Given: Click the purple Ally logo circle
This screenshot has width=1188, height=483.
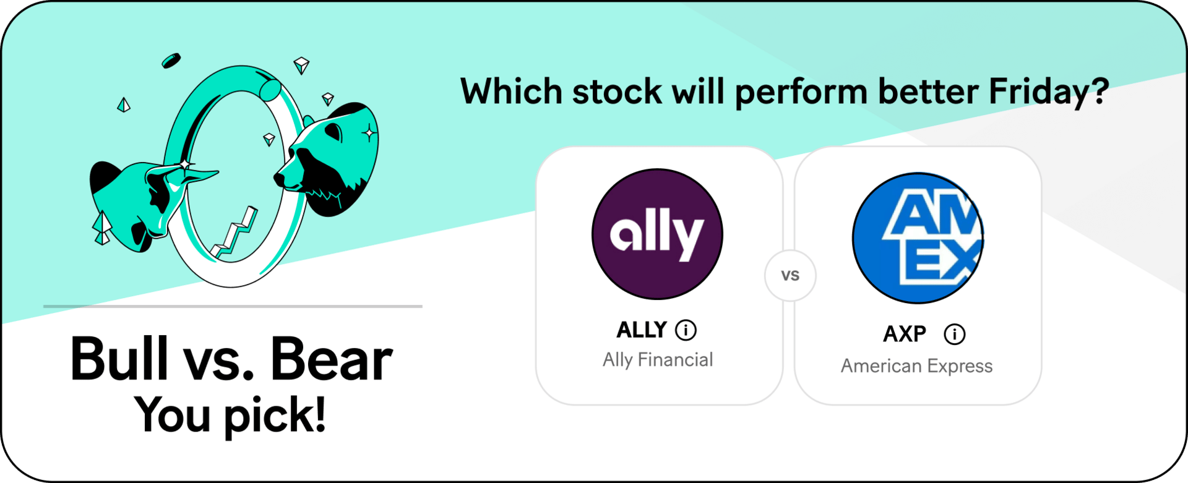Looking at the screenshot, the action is [657, 234].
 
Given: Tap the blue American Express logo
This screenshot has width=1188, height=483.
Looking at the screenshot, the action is [918, 238].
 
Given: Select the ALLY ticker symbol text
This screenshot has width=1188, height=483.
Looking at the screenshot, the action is [642, 330].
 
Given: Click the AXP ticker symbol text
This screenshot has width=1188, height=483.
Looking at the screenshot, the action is [905, 334].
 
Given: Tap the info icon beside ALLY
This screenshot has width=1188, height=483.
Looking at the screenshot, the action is [686, 330].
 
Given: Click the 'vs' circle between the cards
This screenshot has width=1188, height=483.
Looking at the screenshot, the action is [790, 276].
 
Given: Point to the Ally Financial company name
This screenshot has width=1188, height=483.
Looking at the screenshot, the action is [658, 360].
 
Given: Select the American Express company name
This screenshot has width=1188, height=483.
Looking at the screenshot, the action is [916, 366].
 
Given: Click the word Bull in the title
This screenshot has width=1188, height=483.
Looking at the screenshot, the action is [119, 358].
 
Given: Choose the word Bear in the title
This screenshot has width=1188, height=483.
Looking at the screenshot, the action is [332, 359].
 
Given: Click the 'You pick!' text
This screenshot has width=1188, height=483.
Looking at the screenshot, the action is [230, 415].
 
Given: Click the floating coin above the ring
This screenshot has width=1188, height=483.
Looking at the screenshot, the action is [171, 61].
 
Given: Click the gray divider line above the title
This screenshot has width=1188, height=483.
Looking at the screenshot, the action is [233, 306].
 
